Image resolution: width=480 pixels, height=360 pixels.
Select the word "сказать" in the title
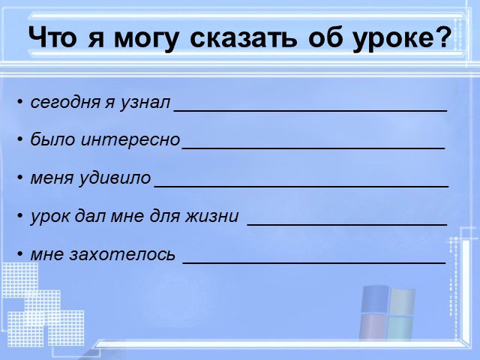[x=243, y=37]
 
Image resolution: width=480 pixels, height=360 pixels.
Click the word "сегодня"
[x=65, y=103]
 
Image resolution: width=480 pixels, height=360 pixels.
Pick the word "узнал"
[x=145, y=103]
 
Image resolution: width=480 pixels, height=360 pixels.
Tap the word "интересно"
[x=130, y=140]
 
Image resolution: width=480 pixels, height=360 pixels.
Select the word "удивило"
[x=115, y=178]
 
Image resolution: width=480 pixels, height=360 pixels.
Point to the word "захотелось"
[x=122, y=254]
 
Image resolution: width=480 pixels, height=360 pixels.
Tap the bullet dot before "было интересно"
[x=20, y=139]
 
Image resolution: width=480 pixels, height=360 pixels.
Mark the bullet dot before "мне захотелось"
[x=20, y=253]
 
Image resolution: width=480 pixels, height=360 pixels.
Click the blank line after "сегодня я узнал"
[x=310, y=110]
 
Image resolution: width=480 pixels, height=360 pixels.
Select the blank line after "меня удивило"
[x=301, y=186]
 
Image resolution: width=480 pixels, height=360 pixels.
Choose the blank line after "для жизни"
[x=347, y=225]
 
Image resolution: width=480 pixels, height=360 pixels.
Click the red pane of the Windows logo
[x=373, y=327]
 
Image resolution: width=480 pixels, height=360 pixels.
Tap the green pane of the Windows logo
[x=400, y=328]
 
